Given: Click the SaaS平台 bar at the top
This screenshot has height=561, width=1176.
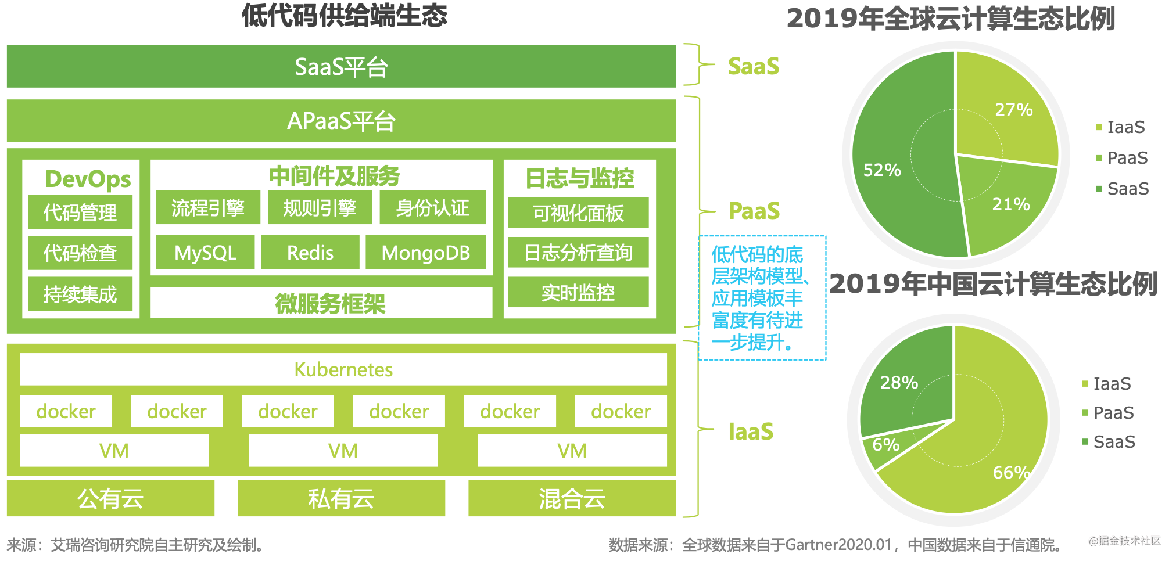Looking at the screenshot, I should pyautogui.click(x=341, y=67).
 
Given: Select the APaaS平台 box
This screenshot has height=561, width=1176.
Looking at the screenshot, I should pyautogui.click(x=341, y=121).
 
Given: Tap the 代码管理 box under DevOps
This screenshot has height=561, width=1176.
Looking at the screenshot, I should pyautogui.click(x=80, y=213).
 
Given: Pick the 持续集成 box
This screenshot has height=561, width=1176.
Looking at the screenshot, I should pyautogui.click(x=80, y=294).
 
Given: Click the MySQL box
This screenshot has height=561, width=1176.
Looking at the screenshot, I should pyautogui.click(x=205, y=253).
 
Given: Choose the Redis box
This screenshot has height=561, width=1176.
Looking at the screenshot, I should pyautogui.click(x=310, y=253).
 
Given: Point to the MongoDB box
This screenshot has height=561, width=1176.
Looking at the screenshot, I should pyautogui.click(x=425, y=253).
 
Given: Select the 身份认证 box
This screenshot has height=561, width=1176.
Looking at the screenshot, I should pyautogui.click(x=432, y=208).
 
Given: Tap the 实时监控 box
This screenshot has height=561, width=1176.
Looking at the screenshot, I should pyautogui.click(x=578, y=292).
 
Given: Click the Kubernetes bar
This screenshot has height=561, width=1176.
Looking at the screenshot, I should pyautogui.click(x=343, y=369).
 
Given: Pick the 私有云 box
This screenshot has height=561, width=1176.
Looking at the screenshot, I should pyautogui.click(x=341, y=498).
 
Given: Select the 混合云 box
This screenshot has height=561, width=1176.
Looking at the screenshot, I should pyautogui.click(x=572, y=498).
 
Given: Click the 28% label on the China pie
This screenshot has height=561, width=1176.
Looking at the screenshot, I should pyautogui.click(x=899, y=382).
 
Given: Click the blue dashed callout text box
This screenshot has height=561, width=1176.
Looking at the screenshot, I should pyautogui.click(x=762, y=298).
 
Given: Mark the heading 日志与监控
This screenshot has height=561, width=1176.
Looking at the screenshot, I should pyautogui.click(x=579, y=178).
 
